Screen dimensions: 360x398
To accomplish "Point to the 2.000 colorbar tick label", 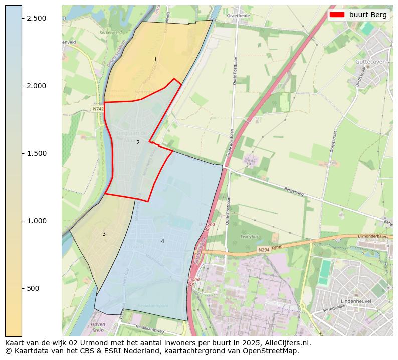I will (36, 86).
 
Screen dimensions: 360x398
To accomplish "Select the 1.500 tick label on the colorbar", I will (36, 153).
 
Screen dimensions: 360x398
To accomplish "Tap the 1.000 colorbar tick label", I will (36, 221).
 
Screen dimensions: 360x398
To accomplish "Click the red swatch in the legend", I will (337, 15).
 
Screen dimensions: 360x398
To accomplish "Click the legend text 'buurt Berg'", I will (368, 15).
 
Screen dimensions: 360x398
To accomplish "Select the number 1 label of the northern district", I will (155, 59).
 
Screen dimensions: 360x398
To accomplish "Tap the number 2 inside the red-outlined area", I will (138, 142).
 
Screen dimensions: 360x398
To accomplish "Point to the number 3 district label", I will (104, 234).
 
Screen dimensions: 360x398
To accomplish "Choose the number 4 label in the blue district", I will (162, 241).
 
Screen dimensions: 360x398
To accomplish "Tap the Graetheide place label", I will (238, 16).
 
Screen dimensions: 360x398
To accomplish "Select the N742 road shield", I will (98, 109).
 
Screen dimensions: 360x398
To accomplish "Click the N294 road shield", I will (264, 250).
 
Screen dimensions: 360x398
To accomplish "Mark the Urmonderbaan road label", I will (372, 236).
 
